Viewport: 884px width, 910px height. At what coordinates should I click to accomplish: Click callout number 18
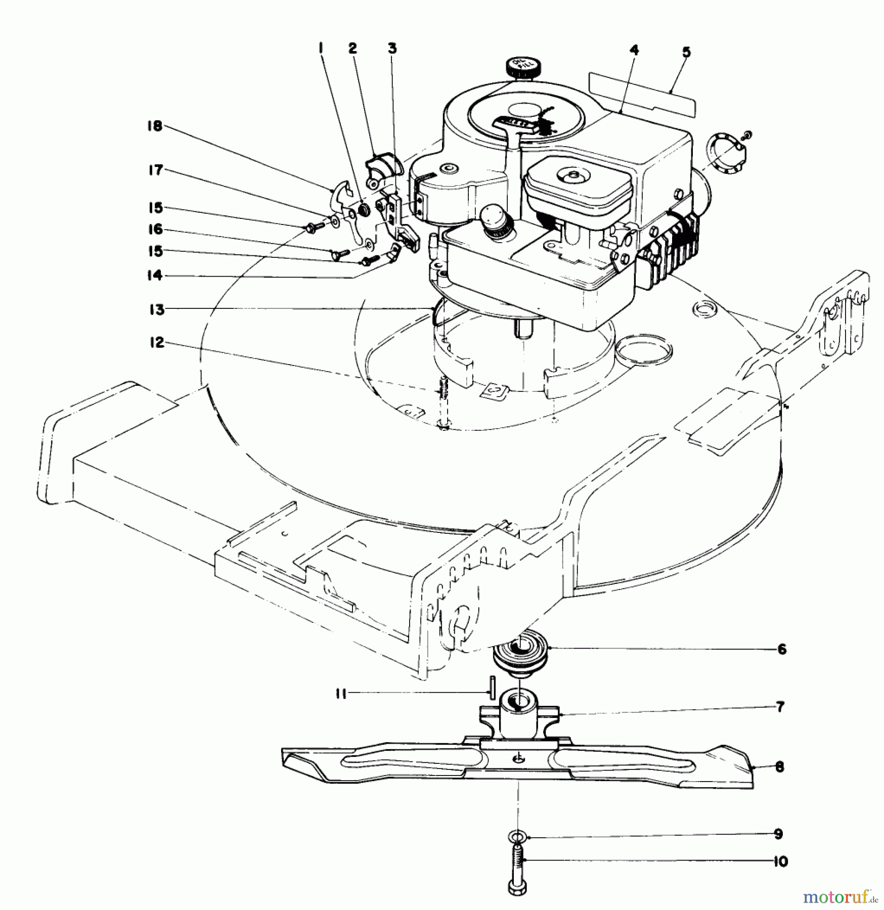[x=155, y=126]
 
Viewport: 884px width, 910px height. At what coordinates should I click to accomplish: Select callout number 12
[x=157, y=343]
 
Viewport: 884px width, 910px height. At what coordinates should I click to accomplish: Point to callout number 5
[x=686, y=52]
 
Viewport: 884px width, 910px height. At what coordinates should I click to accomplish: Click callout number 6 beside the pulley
[x=782, y=649]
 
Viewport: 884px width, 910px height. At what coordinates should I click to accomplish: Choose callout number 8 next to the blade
[x=779, y=767]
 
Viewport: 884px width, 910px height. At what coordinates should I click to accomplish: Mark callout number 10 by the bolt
[x=780, y=861]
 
